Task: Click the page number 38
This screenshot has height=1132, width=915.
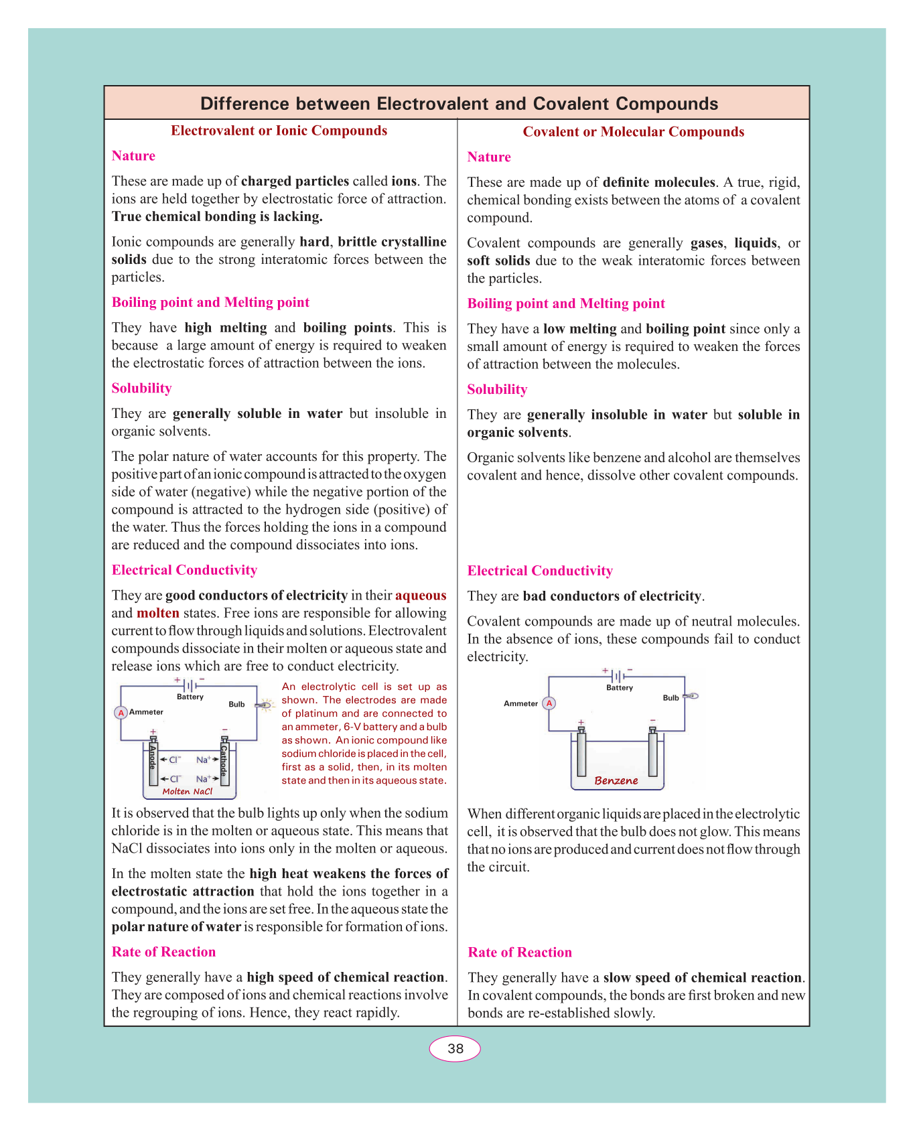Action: click(x=455, y=1049)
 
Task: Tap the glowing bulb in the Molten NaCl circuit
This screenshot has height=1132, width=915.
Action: click(x=266, y=704)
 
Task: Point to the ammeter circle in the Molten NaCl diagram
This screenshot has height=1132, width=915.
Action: click(x=121, y=713)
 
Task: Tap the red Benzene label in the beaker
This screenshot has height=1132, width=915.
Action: click(x=616, y=780)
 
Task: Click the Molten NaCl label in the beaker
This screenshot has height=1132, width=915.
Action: click(x=188, y=792)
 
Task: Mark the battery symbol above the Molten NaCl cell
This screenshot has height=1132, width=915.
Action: click(x=190, y=686)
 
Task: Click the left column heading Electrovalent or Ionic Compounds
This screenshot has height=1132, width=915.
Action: click(x=279, y=131)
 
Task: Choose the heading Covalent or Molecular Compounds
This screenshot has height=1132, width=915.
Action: click(x=633, y=132)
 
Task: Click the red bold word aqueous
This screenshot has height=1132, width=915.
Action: click(x=421, y=595)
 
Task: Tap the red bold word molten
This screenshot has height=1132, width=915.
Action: click(x=158, y=613)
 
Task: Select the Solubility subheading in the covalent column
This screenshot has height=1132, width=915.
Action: click(x=497, y=389)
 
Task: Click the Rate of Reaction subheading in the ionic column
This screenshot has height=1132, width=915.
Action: click(x=163, y=952)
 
